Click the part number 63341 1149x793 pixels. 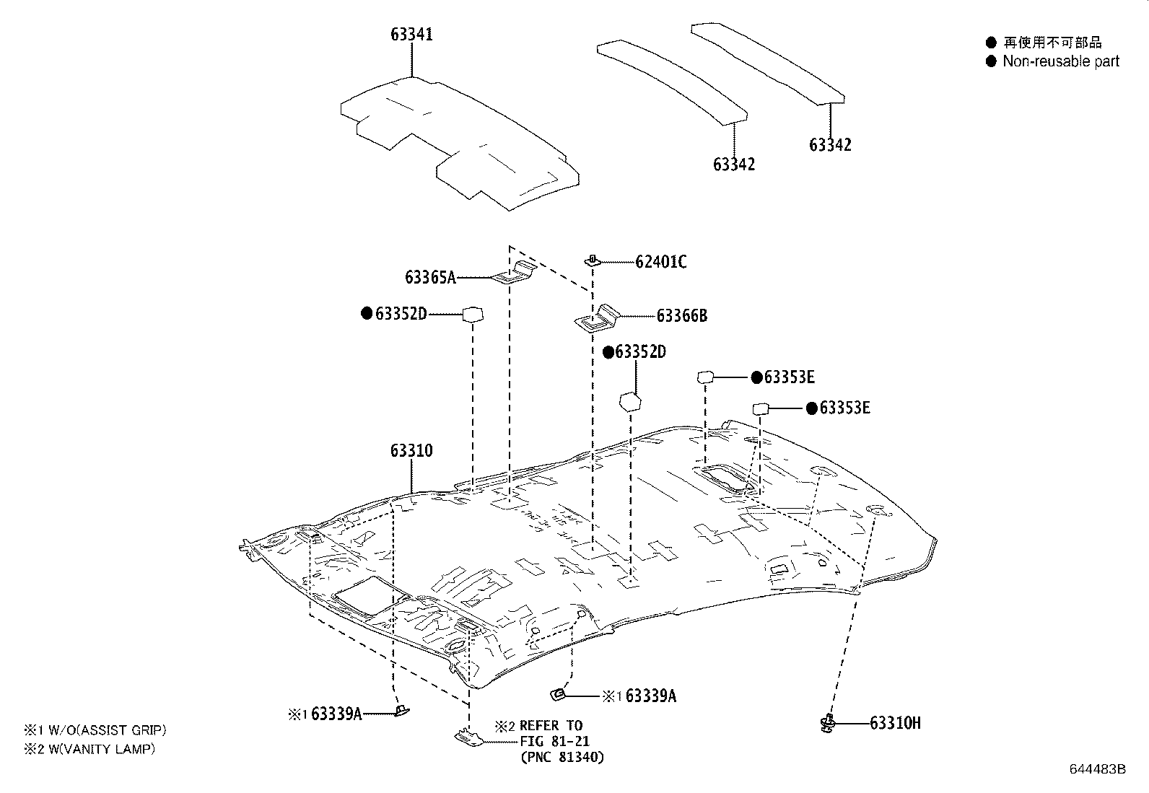coord(411,34)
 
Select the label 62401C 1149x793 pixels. coord(660,262)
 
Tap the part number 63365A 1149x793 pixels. coord(430,277)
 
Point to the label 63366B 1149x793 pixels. coord(681,315)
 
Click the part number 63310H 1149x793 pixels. coord(895,723)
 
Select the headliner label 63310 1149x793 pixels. coord(411,451)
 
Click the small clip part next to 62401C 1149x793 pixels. coord(592,260)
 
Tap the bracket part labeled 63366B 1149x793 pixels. coord(598,317)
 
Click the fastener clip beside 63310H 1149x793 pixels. coord(828,722)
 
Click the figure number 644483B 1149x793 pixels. coord(1097,769)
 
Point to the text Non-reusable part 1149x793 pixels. coord(1060,61)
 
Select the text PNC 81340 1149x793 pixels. coord(562,757)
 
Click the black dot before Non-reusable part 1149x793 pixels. coord(991,61)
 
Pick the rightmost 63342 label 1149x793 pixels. coord(830,145)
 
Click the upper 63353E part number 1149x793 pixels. coord(789,377)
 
